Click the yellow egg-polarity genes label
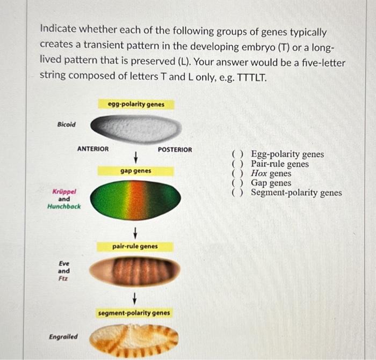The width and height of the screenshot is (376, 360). click(x=136, y=104)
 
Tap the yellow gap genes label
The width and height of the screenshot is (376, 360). click(x=135, y=171)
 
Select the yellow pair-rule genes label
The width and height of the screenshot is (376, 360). click(x=135, y=246)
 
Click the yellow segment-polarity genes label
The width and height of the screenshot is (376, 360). click(x=134, y=312)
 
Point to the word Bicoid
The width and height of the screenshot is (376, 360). click(x=66, y=124)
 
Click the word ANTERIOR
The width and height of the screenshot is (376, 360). click(x=92, y=149)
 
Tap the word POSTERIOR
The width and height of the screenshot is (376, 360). click(x=175, y=149)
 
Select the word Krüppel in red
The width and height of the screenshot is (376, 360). click(x=64, y=191)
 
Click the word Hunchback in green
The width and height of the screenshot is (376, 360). click(x=64, y=206)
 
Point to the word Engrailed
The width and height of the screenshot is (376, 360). click(x=63, y=337)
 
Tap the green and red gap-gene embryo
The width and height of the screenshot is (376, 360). click(x=135, y=200)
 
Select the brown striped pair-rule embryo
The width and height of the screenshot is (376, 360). click(x=135, y=271)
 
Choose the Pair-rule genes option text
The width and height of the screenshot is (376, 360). click(x=279, y=164)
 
